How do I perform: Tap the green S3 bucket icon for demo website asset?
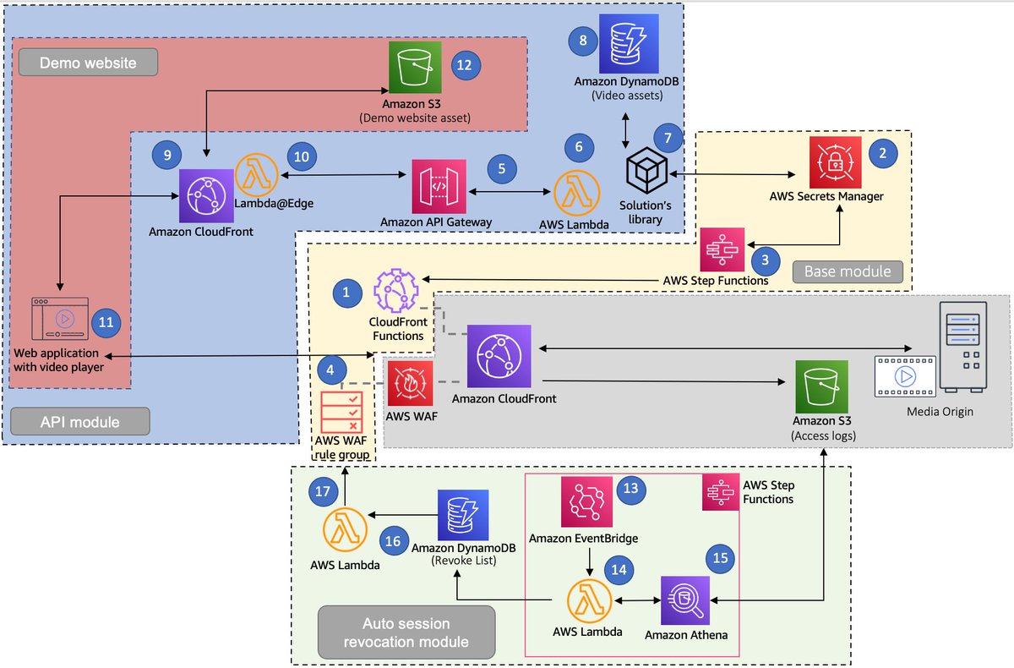pyautogui.click(x=415, y=67)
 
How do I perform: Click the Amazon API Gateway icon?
pyautogui.click(x=439, y=186)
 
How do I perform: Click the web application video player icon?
pyautogui.click(x=57, y=320)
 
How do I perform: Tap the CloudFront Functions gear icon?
pyautogui.click(x=396, y=290)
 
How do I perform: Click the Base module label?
pyautogui.click(x=848, y=271)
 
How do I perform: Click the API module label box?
pyautogui.click(x=80, y=421)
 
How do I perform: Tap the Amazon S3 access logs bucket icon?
pyautogui.click(x=820, y=386)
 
